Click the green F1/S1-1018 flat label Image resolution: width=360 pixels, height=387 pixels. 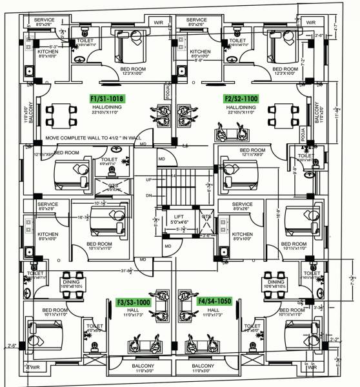(x=107, y=99)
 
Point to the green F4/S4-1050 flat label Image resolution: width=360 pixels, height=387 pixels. (x=215, y=301)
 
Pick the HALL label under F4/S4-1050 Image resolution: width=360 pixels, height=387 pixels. (x=214, y=310)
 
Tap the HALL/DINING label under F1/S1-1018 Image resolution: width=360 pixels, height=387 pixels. (x=107, y=107)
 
